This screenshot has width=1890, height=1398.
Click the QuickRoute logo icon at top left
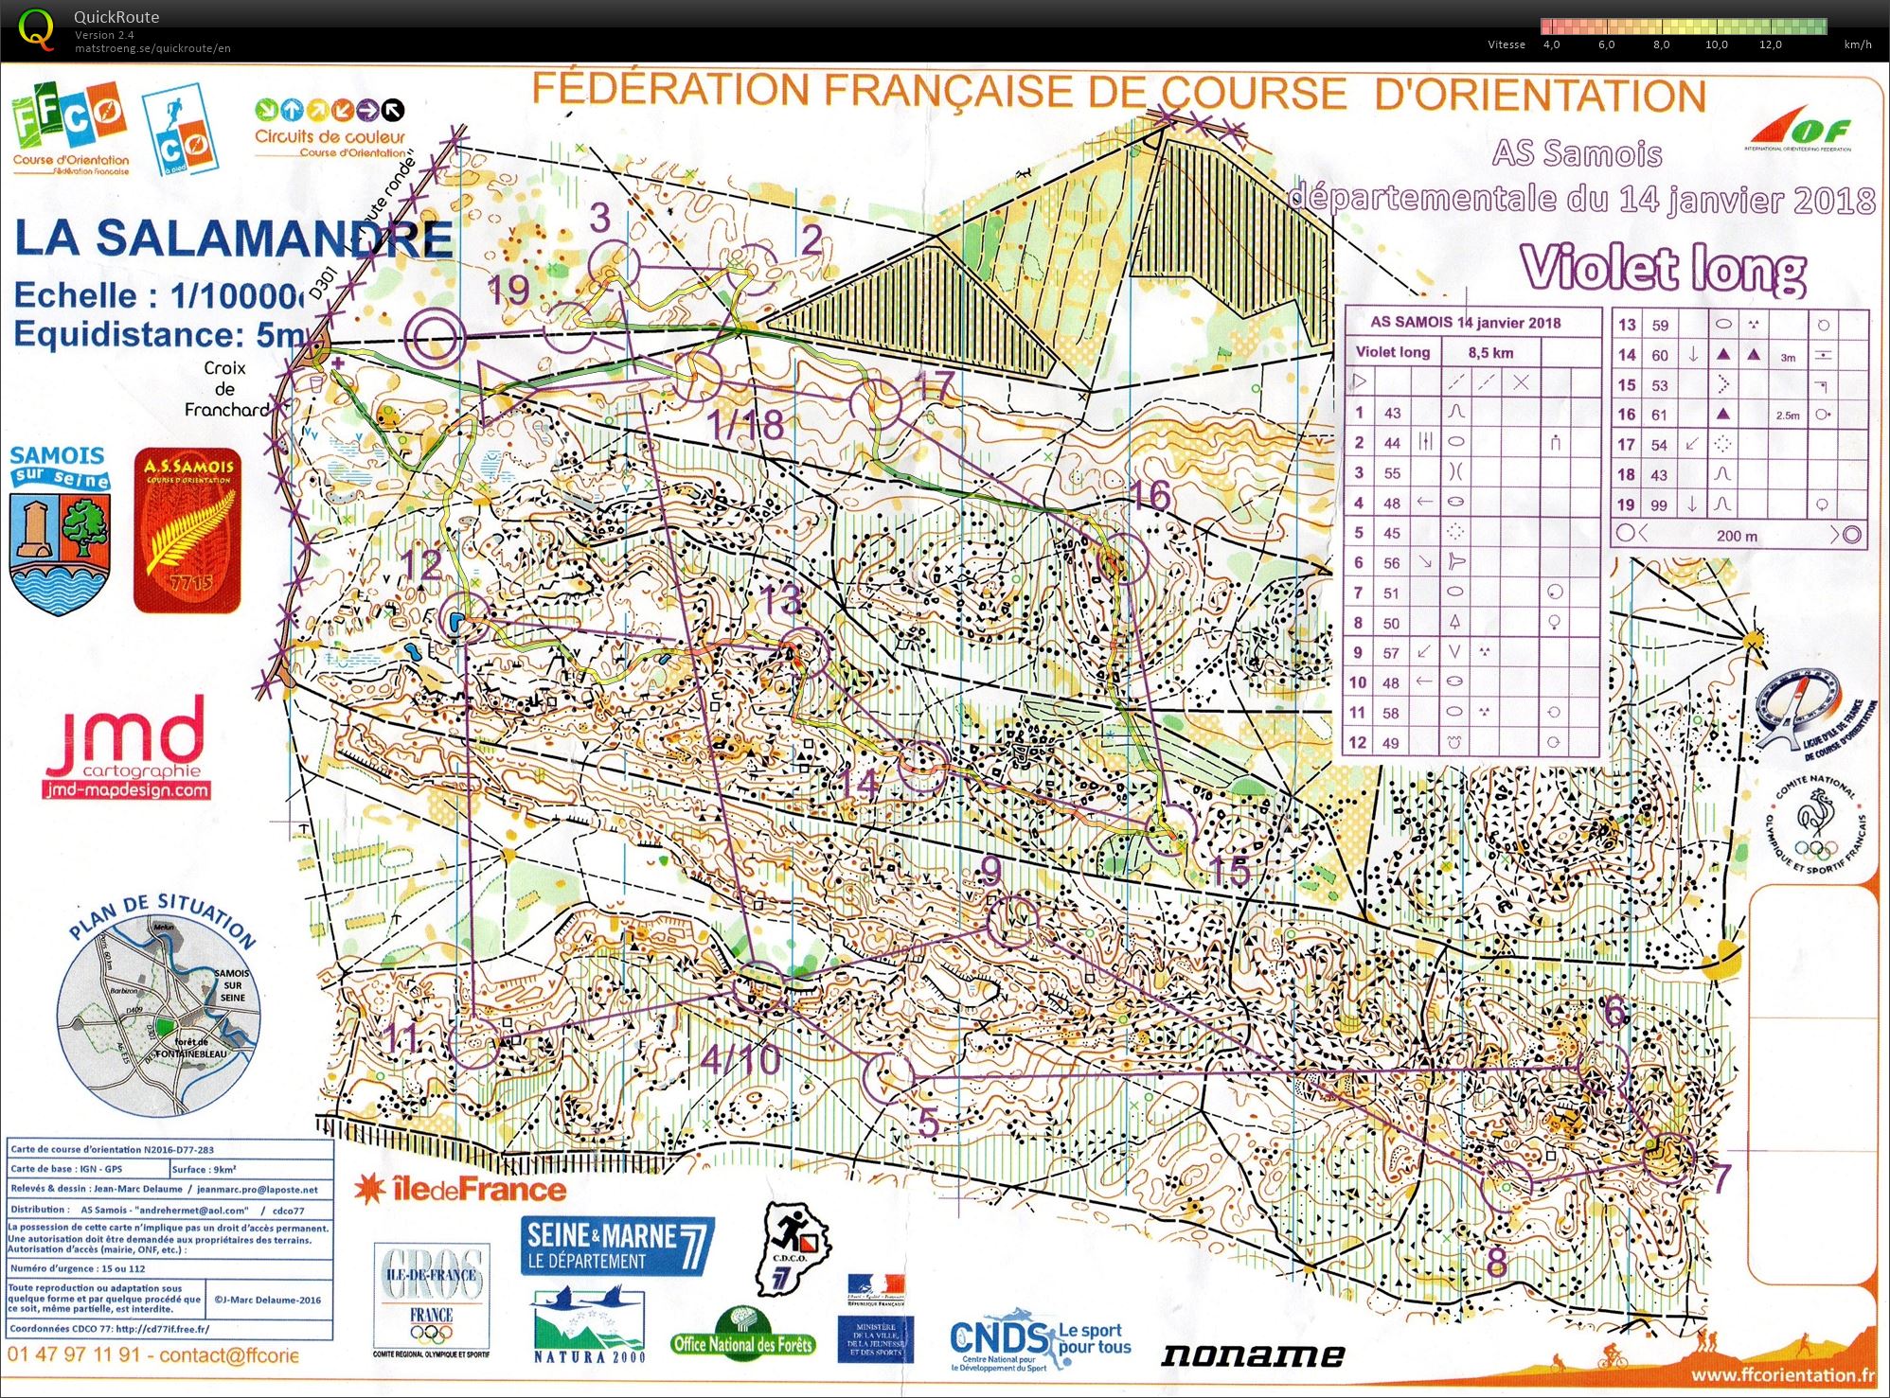pos(36,28)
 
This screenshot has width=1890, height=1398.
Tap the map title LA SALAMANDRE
pos(233,239)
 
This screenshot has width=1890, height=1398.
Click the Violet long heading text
pos(1664,269)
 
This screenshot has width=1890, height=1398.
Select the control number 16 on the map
pos(1150,496)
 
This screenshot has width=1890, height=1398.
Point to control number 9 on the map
pos(990,870)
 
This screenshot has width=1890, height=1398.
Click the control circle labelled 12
pos(464,622)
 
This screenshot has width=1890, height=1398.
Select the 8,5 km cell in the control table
pos(1490,353)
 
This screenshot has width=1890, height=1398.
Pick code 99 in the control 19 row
pos(1659,505)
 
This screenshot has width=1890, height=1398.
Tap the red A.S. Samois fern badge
pos(187,530)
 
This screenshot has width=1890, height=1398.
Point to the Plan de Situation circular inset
pos(157,1013)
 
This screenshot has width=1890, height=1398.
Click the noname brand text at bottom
pos(1252,1355)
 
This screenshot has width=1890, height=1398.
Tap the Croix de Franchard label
pos(225,389)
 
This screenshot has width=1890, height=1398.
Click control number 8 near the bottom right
pos(1496,1261)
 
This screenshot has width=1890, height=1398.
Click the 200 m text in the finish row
pos(1738,536)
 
